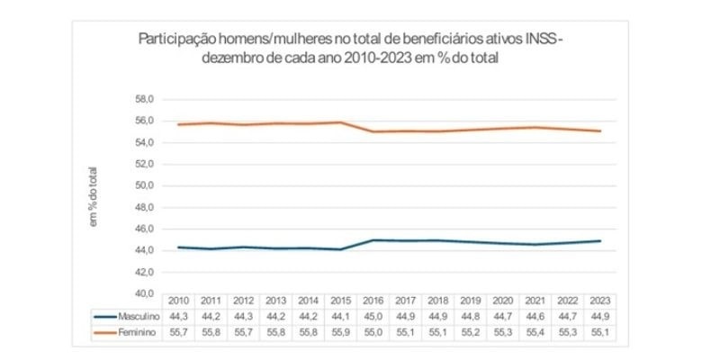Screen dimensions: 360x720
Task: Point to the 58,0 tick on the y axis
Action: (x=145, y=99)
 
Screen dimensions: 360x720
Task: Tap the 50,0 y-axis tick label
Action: (x=145, y=185)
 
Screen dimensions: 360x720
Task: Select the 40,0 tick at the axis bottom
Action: (x=145, y=293)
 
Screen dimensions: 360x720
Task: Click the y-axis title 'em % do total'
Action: (x=93, y=196)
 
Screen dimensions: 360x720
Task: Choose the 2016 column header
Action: (x=373, y=301)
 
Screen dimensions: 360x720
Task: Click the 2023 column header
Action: (x=598, y=301)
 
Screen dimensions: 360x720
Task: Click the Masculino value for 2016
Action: (x=373, y=316)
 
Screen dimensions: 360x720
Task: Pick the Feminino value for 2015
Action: (x=341, y=332)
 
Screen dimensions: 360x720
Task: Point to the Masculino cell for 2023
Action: (x=598, y=316)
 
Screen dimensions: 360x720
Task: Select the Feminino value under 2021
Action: (x=535, y=332)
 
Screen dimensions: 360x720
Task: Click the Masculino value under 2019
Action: (x=470, y=316)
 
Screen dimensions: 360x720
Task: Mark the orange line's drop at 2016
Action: (x=373, y=131)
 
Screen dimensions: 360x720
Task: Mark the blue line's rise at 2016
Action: (x=373, y=240)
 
